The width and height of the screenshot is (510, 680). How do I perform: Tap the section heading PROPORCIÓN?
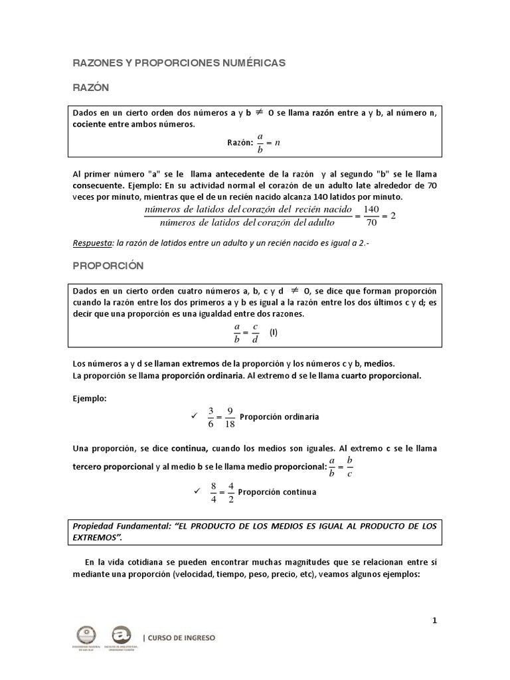pyautogui.click(x=108, y=265)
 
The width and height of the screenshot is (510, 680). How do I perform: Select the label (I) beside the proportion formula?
pyautogui.click(x=274, y=333)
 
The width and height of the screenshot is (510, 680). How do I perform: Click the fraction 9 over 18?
pyautogui.click(x=229, y=416)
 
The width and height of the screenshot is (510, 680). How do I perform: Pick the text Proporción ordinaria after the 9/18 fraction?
pyautogui.click(x=279, y=417)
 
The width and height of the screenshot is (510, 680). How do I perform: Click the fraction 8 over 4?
pyautogui.click(x=213, y=492)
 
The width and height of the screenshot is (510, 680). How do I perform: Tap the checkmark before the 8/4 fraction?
pyautogui.click(x=196, y=491)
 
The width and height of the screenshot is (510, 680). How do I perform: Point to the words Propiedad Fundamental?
pyautogui.click(x=114, y=526)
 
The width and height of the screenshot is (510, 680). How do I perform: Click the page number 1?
pyautogui.click(x=434, y=621)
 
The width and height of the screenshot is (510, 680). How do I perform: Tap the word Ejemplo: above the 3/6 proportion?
pyautogui.click(x=89, y=398)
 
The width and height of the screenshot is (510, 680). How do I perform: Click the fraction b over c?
pyautogui.click(x=350, y=467)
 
